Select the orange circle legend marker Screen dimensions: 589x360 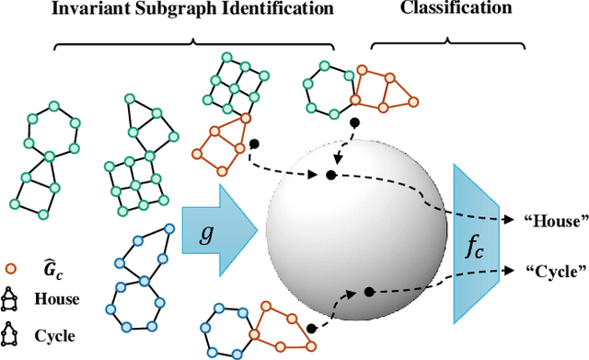12,270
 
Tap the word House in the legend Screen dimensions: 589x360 56,299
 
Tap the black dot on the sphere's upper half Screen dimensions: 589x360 329,174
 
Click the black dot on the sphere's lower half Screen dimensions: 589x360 370,292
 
